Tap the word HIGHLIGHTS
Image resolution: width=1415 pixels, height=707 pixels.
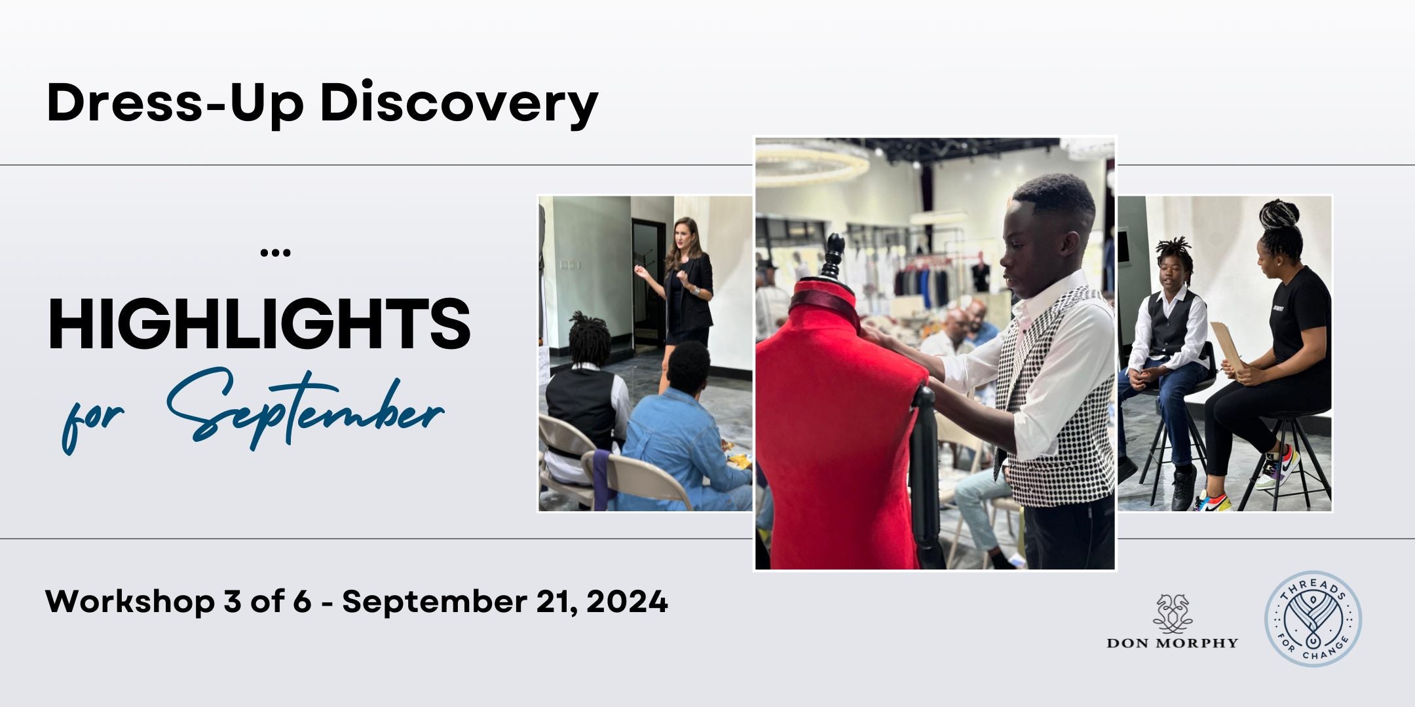tap(259, 324)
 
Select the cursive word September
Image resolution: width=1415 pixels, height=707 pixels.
tap(305, 410)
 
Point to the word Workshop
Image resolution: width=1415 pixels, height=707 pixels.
tap(130, 602)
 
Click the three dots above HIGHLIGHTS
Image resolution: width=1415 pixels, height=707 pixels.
tap(275, 253)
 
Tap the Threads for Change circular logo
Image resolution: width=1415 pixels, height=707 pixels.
tap(1313, 619)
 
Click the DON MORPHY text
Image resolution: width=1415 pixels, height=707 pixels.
tap(1173, 643)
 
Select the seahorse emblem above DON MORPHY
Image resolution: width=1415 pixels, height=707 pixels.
tap(1173, 613)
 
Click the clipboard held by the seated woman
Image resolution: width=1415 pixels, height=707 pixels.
tap(1226, 346)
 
